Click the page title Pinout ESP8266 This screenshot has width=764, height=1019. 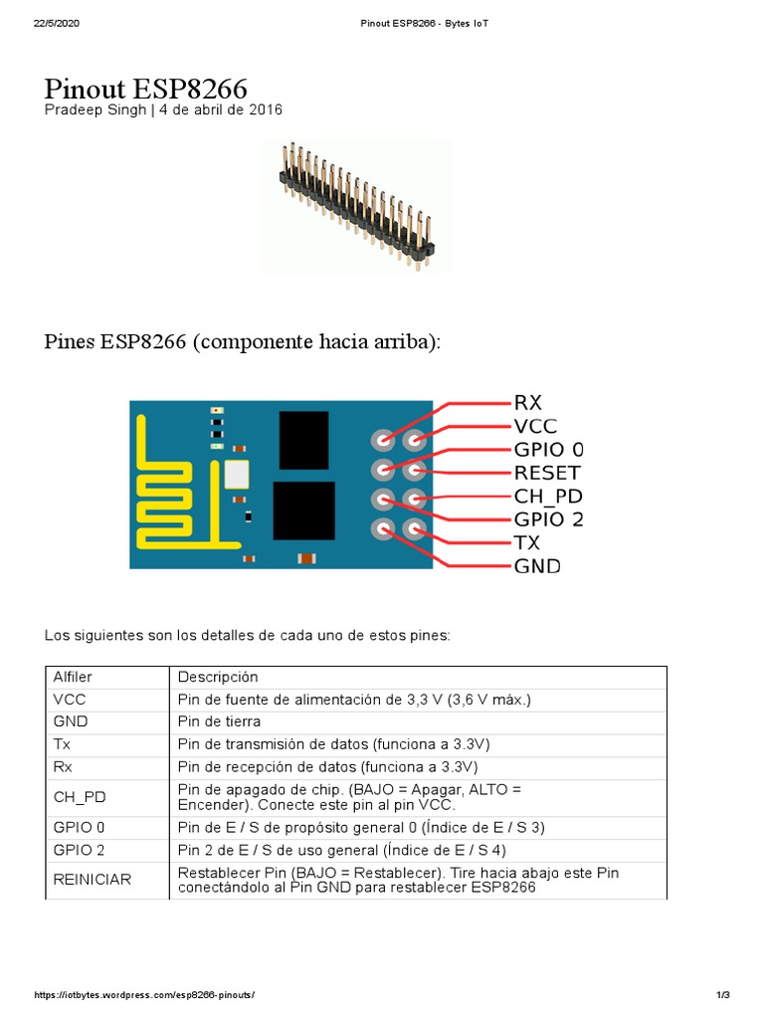(x=145, y=90)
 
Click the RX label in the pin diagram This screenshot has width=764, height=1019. (x=527, y=403)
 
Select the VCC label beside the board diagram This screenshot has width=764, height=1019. (x=535, y=426)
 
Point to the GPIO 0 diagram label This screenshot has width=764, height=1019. (x=548, y=449)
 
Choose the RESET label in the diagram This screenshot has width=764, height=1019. (x=546, y=473)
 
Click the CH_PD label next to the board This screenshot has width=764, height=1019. (x=547, y=496)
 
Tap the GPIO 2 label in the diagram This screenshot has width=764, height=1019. (x=548, y=518)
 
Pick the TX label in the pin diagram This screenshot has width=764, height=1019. (x=527, y=542)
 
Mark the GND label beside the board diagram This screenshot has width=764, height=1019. (x=537, y=566)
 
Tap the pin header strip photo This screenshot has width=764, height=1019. (x=354, y=204)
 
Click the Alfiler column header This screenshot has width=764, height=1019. (x=73, y=678)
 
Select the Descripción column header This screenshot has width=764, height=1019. (x=218, y=678)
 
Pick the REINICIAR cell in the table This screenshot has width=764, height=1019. (x=92, y=880)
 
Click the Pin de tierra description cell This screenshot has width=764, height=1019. (x=219, y=721)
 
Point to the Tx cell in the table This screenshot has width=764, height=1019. (x=62, y=743)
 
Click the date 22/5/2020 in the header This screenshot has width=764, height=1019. (x=56, y=23)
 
